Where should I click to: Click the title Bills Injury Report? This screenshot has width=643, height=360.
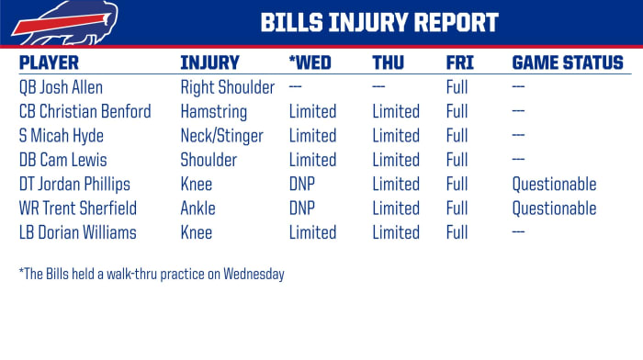(x=378, y=22)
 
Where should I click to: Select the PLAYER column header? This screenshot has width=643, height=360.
(x=49, y=63)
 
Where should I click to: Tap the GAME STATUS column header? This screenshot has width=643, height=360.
(x=567, y=63)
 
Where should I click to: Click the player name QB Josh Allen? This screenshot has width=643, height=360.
(x=62, y=88)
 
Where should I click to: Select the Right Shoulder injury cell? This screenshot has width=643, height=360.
(x=227, y=88)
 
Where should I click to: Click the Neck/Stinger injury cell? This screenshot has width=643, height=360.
(x=221, y=136)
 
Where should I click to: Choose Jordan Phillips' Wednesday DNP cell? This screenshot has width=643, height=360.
(x=302, y=184)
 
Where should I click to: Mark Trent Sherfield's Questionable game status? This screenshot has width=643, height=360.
(x=554, y=208)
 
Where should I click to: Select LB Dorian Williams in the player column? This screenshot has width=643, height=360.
(x=77, y=231)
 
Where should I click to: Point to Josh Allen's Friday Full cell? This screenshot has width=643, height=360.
(x=457, y=88)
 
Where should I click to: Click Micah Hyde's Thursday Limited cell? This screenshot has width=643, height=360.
(x=396, y=136)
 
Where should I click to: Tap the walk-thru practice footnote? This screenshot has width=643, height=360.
(x=151, y=274)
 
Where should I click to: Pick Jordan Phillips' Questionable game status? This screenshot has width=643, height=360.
(x=554, y=184)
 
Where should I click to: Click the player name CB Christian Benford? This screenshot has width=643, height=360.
(x=85, y=112)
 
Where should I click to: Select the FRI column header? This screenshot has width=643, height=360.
(x=458, y=63)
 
